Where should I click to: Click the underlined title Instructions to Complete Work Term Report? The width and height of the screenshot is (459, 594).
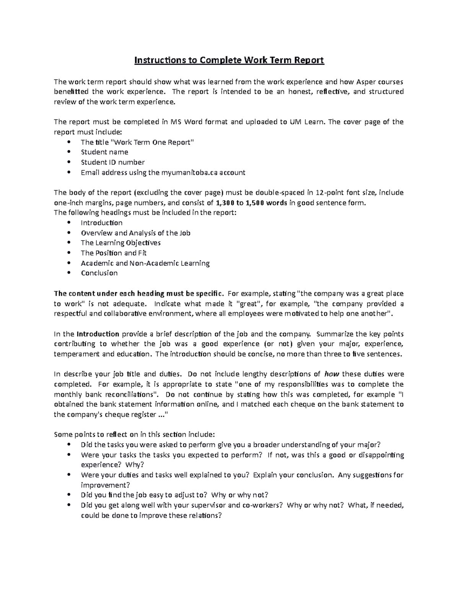pos(229,60)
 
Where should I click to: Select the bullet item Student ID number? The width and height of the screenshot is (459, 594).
pos(112,162)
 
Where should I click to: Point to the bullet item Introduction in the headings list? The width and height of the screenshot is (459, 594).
pos(101,223)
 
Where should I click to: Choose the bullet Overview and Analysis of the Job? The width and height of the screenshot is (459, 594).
pos(135,233)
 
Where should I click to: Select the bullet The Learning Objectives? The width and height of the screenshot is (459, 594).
pos(120,243)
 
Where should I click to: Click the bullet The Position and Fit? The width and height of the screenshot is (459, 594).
pos(114,253)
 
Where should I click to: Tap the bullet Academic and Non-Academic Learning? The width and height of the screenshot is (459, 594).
pos(145,263)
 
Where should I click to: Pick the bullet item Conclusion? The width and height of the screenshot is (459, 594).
pos(99,273)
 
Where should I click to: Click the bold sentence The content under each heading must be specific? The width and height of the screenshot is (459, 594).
pos(138,294)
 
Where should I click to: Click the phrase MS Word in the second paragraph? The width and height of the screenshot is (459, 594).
pos(184,122)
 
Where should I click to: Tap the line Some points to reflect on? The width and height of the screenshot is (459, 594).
pos(135,435)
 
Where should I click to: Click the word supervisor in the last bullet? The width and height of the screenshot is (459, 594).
pos(208,505)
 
